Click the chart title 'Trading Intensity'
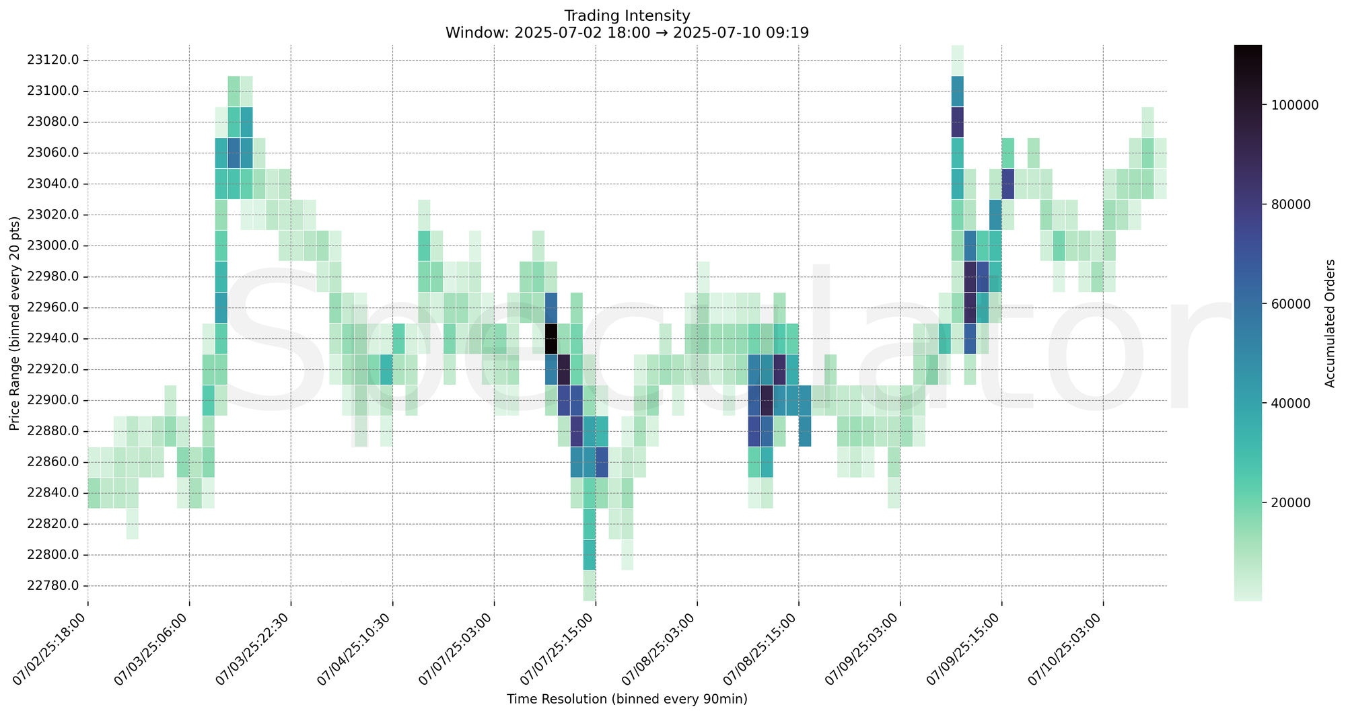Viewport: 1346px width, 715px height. (x=627, y=15)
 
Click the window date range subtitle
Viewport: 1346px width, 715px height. (x=627, y=32)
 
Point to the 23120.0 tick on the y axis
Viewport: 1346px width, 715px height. (x=53, y=60)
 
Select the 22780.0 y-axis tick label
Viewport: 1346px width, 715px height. (x=53, y=586)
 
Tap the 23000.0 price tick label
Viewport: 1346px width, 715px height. (x=53, y=246)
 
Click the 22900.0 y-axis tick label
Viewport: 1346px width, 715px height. (x=53, y=400)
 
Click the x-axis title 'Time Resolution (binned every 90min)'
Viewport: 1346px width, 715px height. (x=627, y=700)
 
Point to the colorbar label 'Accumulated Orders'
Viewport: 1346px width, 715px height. (x=1330, y=323)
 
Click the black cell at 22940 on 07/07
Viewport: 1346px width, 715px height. (x=551, y=338)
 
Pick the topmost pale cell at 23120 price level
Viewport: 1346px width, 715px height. (x=957, y=60)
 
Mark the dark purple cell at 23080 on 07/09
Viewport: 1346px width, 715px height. (x=957, y=122)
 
